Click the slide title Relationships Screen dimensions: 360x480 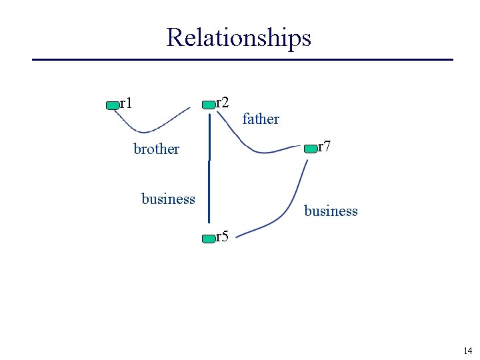point(239,37)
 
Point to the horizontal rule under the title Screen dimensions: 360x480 point(243,60)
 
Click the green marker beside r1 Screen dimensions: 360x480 point(112,105)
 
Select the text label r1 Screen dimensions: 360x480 point(125,103)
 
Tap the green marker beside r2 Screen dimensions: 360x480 point(209,105)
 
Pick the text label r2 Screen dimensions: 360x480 point(223,103)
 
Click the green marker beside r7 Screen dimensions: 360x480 point(311,149)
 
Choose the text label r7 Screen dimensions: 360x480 point(324,147)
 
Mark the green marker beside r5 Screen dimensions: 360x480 point(209,238)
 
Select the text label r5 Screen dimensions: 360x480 point(222,236)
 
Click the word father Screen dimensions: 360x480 point(261,119)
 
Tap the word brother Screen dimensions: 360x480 point(156,149)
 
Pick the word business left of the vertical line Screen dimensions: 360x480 point(168,199)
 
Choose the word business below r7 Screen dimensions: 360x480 point(331,211)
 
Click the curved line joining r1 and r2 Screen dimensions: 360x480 point(150,129)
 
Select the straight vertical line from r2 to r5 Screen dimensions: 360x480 point(209,180)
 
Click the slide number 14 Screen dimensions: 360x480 point(467,351)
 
